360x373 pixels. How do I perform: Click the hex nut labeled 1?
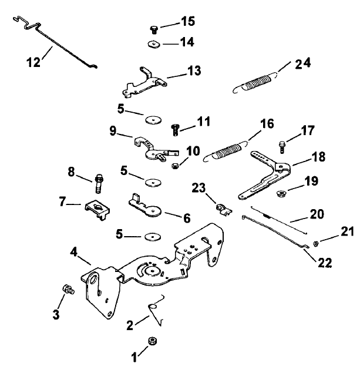[152, 341]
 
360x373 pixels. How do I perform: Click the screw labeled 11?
[175, 127]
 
